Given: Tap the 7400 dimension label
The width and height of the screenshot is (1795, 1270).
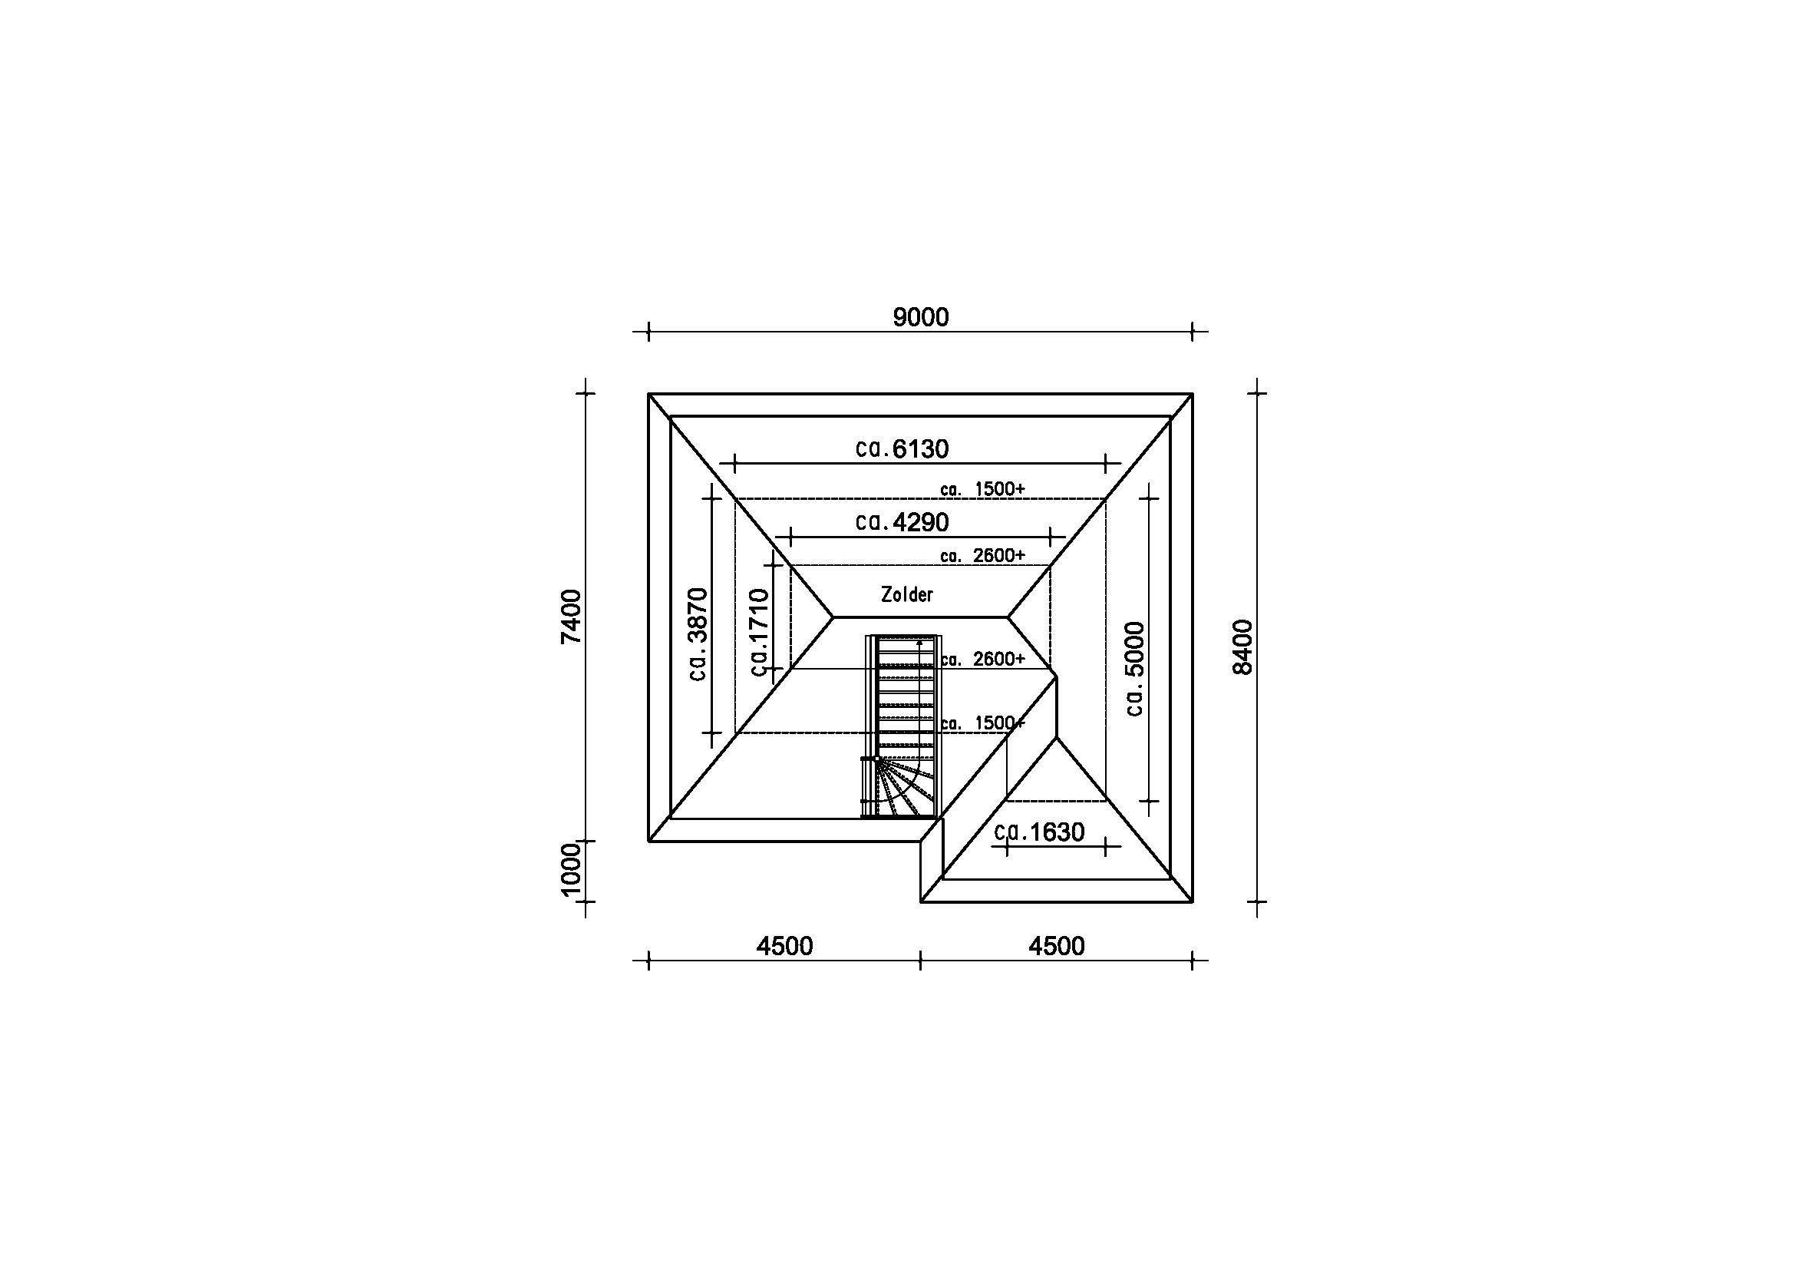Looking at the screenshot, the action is click(x=572, y=617).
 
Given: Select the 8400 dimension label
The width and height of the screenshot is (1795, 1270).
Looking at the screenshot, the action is click(x=1242, y=647).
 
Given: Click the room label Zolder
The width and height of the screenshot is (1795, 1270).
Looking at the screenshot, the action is click(x=907, y=594).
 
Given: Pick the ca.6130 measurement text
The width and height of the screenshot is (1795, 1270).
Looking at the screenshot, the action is click(x=902, y=449).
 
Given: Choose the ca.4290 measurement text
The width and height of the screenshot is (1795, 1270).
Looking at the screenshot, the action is click(x=902, y=521).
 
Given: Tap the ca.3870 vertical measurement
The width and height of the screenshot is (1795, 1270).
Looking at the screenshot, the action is click(x=698, y=634).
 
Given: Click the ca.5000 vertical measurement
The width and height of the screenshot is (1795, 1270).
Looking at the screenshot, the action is click(x=1134, y=669).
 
